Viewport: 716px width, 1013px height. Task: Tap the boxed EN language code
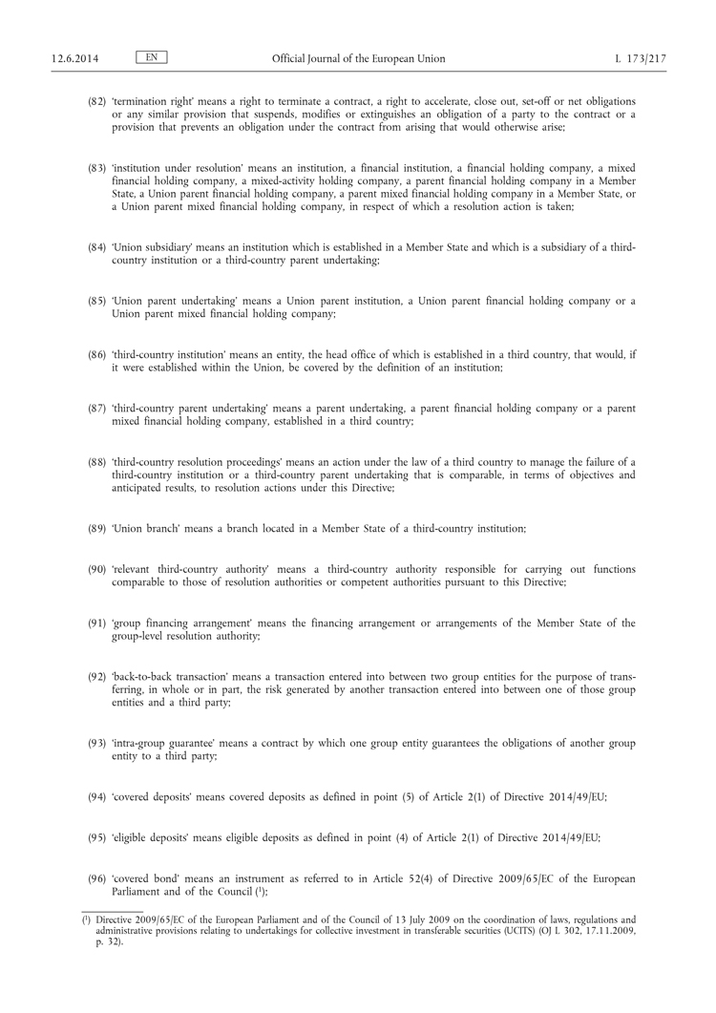[152, 58]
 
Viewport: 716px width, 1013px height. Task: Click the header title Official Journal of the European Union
[357, 59]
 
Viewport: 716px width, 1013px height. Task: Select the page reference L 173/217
[642, 59]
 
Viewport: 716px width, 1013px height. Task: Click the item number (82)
[96, 101]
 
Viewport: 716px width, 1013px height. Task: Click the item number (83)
[96, 168]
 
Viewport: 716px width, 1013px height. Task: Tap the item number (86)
[96, 354]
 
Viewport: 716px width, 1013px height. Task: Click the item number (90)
[96, 570]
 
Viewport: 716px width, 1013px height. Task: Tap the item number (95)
[96, 837]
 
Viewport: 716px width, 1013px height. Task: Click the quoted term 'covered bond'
[143, 877]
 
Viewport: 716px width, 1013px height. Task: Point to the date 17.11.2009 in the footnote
[610, 929]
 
